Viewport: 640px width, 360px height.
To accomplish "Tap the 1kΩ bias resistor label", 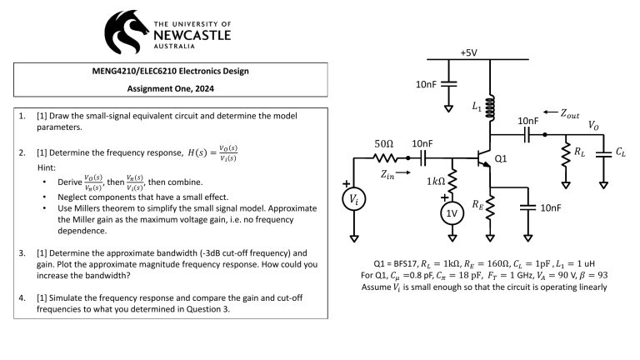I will (x=434, y=181).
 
